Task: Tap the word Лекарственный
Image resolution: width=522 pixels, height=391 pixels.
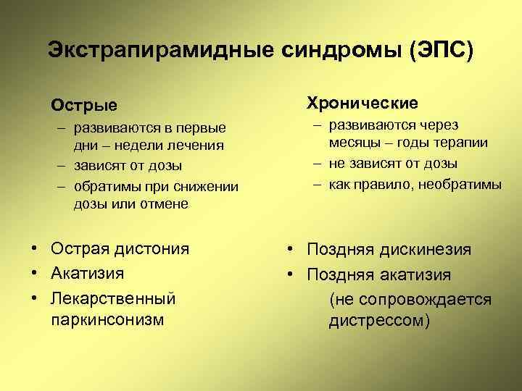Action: click(113, 298)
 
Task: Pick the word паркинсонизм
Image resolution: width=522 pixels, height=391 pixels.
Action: click(107, 319)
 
